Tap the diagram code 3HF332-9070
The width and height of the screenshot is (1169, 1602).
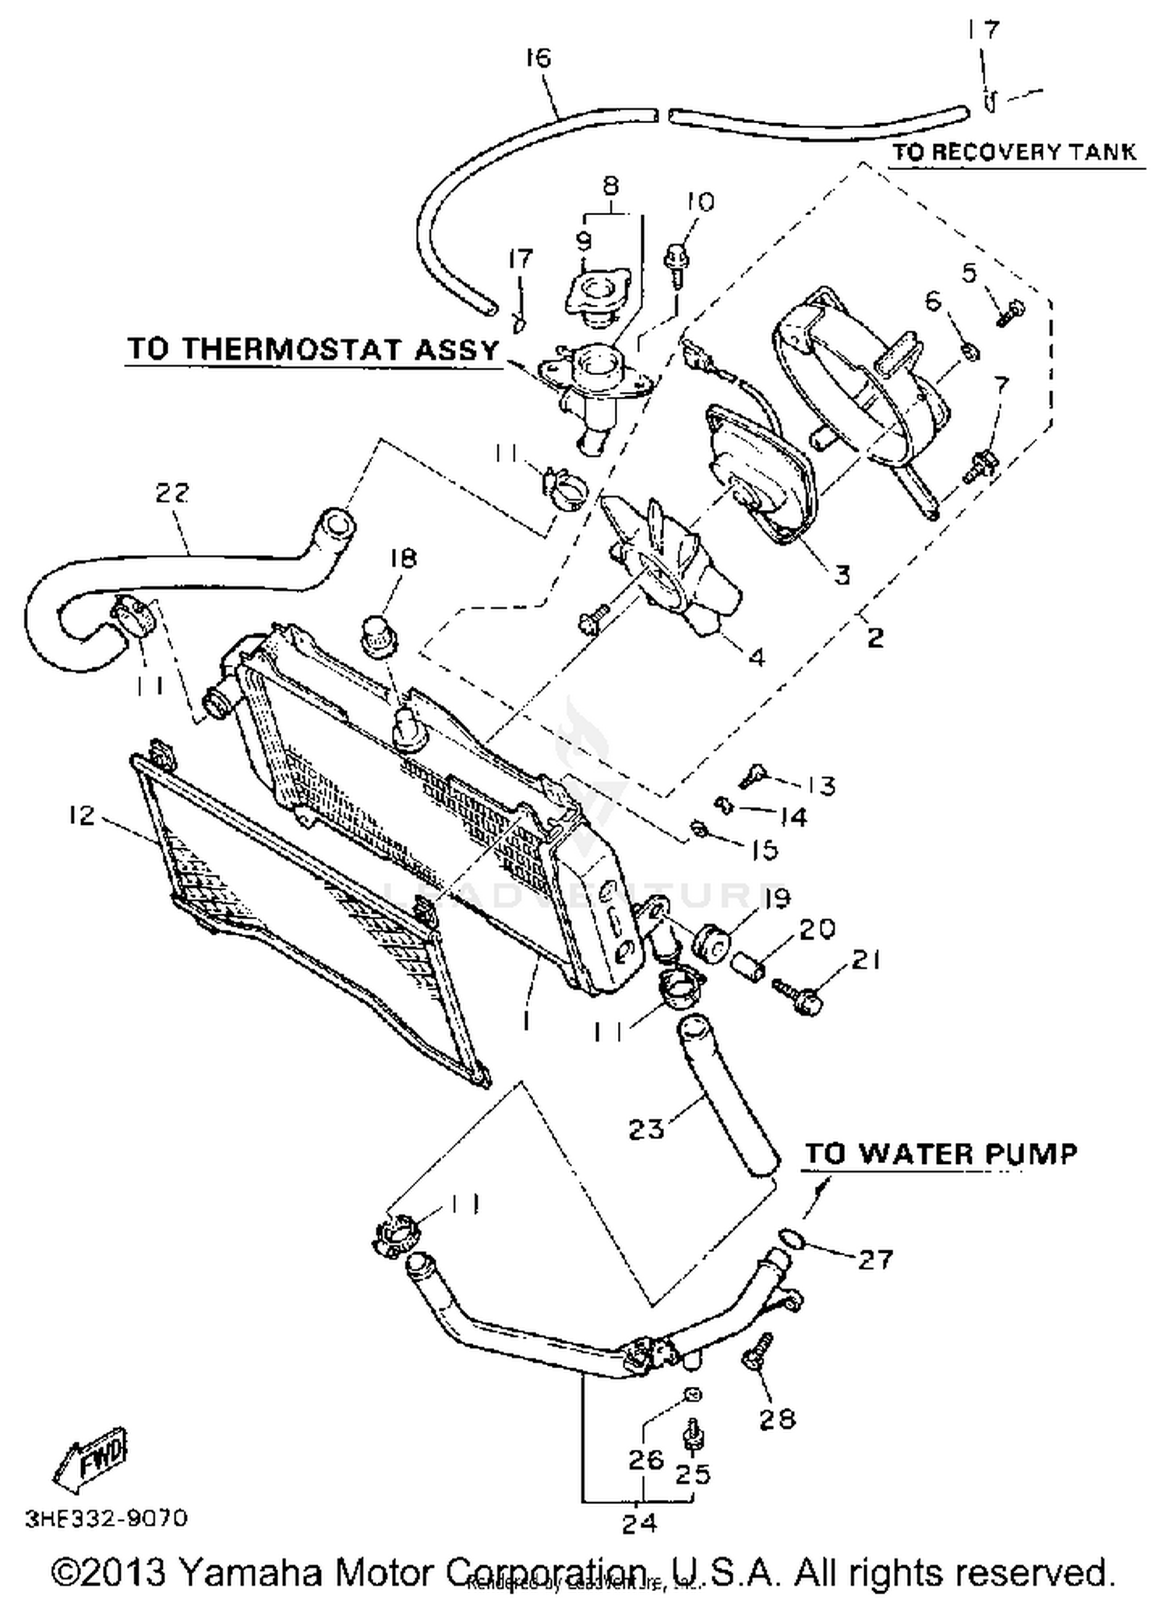pyautogui.click(x=106, y=1519)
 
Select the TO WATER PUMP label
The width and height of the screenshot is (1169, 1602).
pyautogui.click(x=941, y=1153)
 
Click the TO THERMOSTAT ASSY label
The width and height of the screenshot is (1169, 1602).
pyautogui.click(x=313, y=348)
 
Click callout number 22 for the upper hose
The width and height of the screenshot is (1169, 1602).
pyautogui.click(x=172, y=493)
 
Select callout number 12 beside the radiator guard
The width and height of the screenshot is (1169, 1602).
pyautogui.click(x=81, y=815)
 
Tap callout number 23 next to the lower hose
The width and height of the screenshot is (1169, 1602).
pyautogui.click(x=646, y=1128)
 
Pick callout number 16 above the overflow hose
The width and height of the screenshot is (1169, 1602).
pyautogui.click(x=538, y=58)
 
